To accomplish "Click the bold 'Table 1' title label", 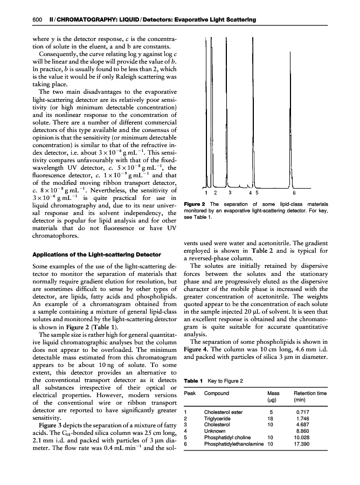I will pos(193,382).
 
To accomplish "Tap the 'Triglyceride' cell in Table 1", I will pos(218,418).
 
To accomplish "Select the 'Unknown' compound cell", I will pos(215,431).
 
